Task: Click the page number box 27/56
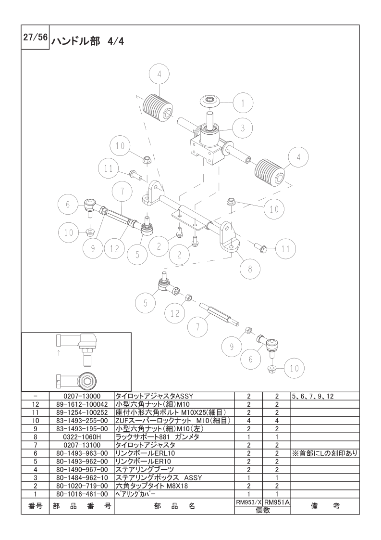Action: click(x=35, y=37)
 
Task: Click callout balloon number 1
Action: click(x=243, y=103)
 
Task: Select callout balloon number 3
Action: click(x=243, y=128)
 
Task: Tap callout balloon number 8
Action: click(x=250, y=269)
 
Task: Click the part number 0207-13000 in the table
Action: click(x=82, y=396)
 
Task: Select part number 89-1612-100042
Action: click(x=82, y=404)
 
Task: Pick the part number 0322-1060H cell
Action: click(x=82, y=437)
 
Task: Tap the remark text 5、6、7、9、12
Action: click(x=313, y=396)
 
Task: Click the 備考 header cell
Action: click(x=325, y=506)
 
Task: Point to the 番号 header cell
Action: click(x=36, y=506)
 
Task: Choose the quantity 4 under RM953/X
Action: click(x=248, y=421)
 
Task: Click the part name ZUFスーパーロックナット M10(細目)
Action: click(x=172, y=421)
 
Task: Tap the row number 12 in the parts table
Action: click(x=36, y=404)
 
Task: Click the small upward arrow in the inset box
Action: click(x=59, y=352)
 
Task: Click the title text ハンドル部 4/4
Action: click(x=87, y=41)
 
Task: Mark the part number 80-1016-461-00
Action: click(x=82, y=494)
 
